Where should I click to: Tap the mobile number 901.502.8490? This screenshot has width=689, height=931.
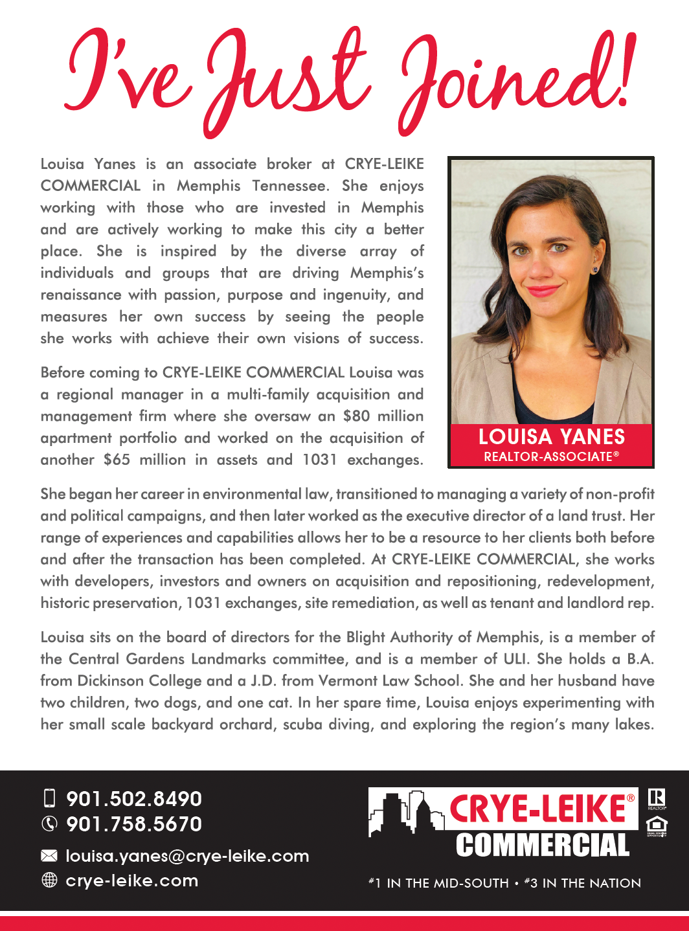tap(134, 799)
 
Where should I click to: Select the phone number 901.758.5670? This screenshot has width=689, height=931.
tap(134, 824)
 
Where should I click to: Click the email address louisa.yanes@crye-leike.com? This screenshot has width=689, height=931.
tap(187, 856)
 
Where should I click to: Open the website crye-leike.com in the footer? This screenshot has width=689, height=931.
tap(132, 881)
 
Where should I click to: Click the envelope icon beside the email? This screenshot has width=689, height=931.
tap(49, 856)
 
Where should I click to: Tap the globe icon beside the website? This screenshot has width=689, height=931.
tap(49, 881)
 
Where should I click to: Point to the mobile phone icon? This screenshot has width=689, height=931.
tap(49, 799)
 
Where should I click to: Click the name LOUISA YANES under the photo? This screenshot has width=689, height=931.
tap(551, 437)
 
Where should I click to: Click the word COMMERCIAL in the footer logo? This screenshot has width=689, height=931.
tap(543, 846)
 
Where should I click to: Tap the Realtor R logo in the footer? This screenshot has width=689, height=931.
tap(657, 798)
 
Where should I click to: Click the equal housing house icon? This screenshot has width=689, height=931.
tap(657, 825)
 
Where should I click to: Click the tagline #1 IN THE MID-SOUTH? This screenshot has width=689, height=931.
tap(438, 883)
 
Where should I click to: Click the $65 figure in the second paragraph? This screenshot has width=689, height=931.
tap(117, 460)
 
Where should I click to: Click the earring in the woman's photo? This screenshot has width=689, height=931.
tap(594, 268)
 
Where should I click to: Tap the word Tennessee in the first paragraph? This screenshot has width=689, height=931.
tap(289, 186)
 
